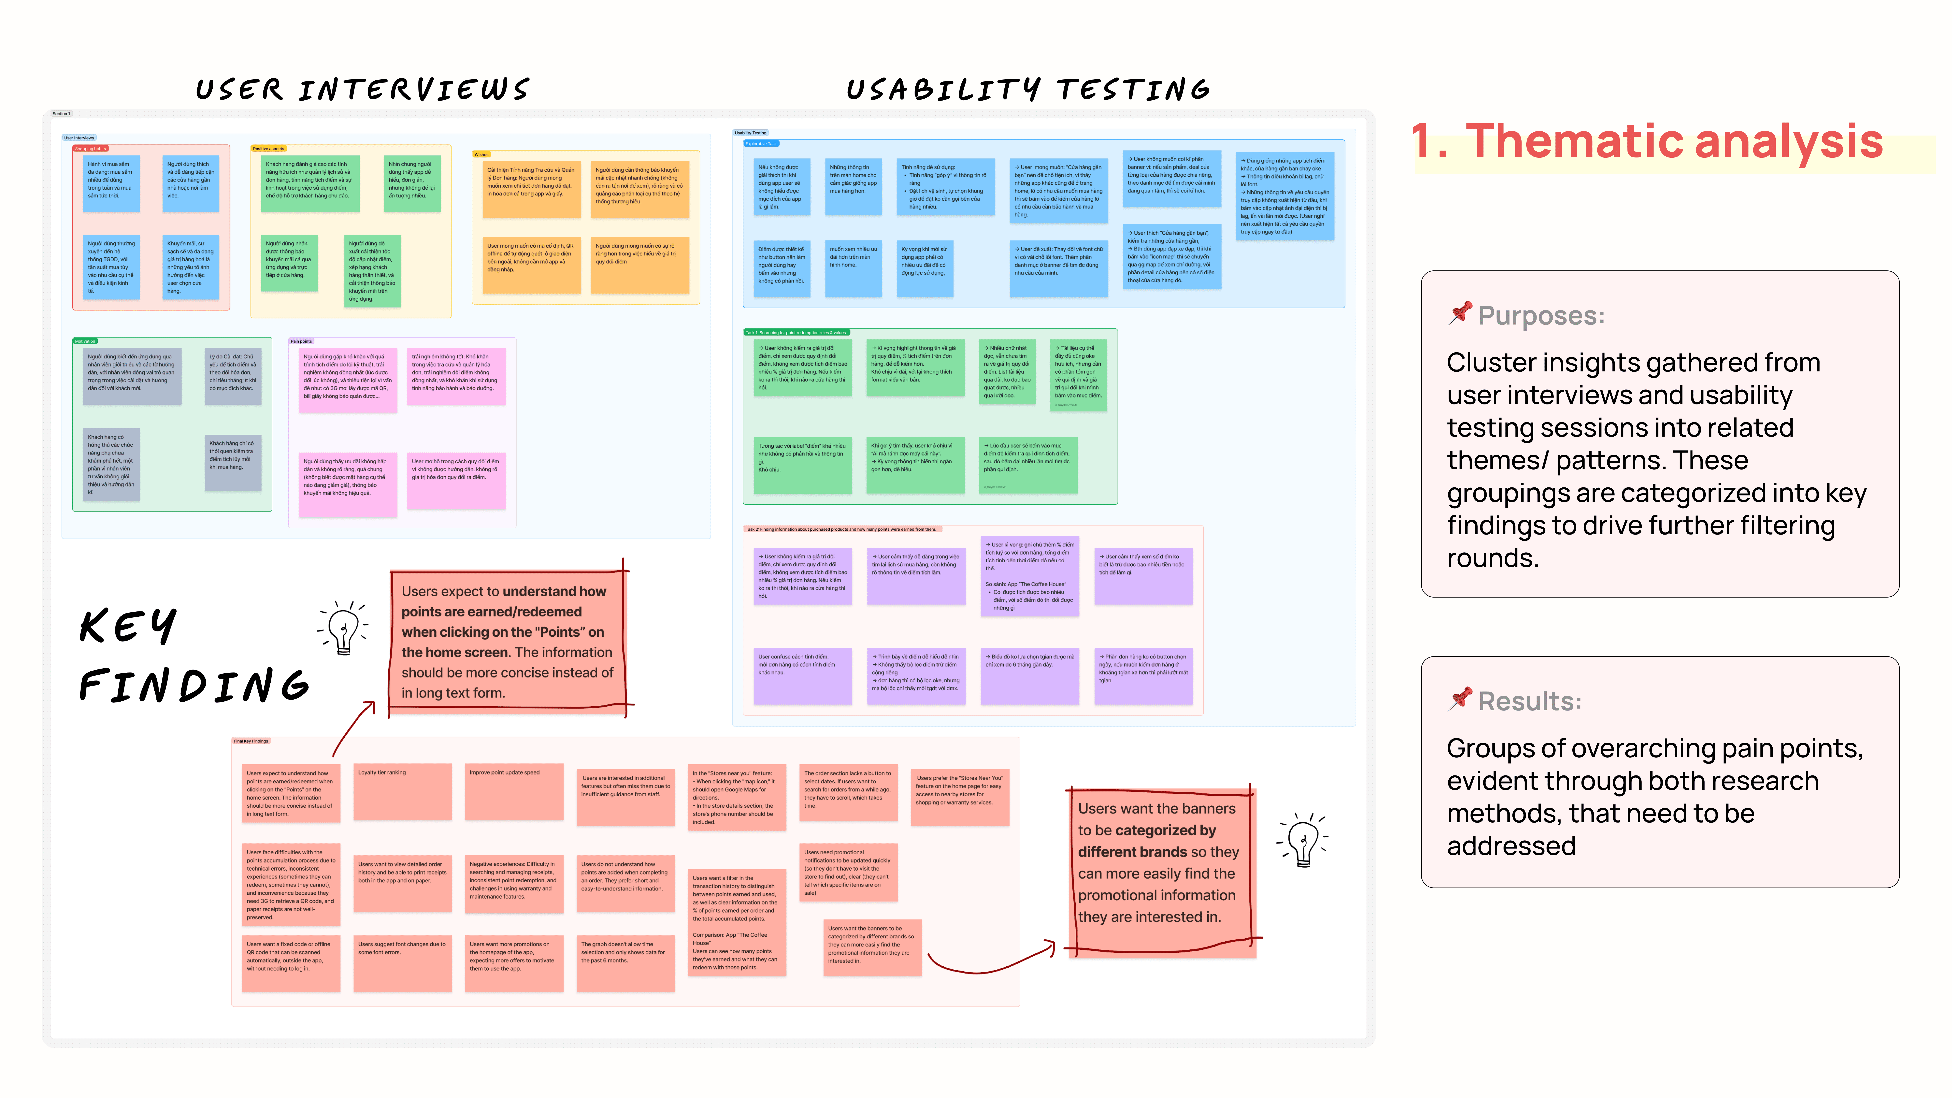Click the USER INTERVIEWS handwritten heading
tap(362, 89)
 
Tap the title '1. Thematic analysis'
tap(1646, 142)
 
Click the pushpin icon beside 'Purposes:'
tap(1459, 313)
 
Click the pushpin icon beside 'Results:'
tap(1459, 699)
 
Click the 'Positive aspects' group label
tap(268, 149)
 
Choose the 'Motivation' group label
tap(85, 341)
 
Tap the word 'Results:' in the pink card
tap(1529, 701)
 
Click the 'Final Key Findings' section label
tap(251, 741)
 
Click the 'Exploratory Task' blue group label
tap(761, 143)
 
